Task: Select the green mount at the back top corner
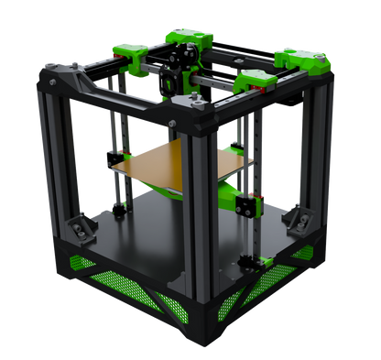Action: (189, 38)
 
